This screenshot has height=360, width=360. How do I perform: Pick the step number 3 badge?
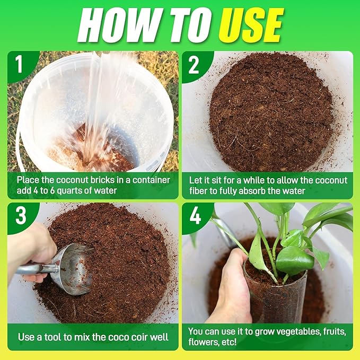click(19, 216)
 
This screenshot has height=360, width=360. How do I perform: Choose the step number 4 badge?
click(194, 216)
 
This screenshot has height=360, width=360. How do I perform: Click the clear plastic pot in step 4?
click(270, 297)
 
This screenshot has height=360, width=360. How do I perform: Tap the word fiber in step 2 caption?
click(202, 191)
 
